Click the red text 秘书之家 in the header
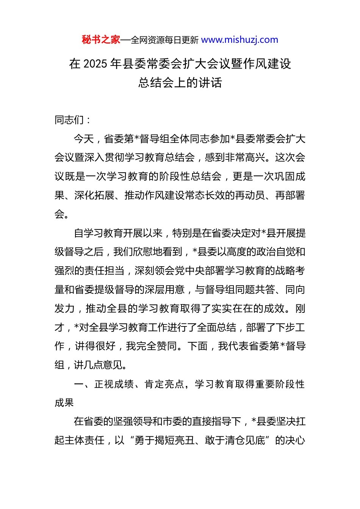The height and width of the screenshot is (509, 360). coord(101,40)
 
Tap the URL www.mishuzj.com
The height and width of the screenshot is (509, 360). coord(239,40)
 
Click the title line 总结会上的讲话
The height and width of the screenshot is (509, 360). coord(180,83)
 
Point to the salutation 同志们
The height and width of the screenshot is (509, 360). coord(69,120)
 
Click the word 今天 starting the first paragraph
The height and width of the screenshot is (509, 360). coord(84,139)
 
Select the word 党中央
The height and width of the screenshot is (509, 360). coord(185,271)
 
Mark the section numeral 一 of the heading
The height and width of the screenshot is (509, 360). coord(79,384)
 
